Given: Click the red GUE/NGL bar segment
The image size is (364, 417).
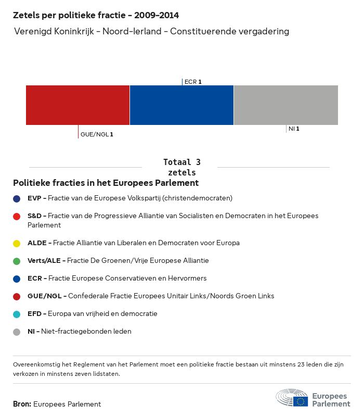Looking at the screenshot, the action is pos(77,105).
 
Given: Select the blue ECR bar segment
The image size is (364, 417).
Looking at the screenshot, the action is pos(181,105).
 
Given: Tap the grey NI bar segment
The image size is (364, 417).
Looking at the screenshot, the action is pos(286,105).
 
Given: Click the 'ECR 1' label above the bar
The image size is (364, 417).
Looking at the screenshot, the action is pos(193,82).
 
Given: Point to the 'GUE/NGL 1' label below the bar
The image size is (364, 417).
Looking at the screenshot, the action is pos(97,134).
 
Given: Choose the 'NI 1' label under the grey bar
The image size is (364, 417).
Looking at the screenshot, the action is pos(294,129).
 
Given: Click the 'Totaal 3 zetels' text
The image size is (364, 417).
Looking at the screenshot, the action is pos(182,167).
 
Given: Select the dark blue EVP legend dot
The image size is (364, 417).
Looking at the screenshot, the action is pos(17,199).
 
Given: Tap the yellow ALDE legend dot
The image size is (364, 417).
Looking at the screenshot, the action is pos(17,243).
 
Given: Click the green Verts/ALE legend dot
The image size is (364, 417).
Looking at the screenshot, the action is pos(17,261).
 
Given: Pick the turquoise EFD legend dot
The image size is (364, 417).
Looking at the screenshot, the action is pos(17,314).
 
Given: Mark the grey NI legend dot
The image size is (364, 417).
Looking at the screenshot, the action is pos(17,332).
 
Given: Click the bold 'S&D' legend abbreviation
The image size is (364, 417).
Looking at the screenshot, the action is pos(34,216).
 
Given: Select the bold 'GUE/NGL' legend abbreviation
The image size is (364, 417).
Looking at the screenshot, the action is pos(45,296).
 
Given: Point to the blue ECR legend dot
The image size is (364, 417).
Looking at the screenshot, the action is pos(17,279).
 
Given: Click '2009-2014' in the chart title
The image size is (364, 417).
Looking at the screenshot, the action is pos(157,15).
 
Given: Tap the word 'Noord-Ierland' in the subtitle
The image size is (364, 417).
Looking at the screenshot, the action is pos(132,31).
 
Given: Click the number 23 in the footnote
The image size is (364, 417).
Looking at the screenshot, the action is pos(301,364).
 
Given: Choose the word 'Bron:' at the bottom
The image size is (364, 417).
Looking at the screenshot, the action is pos(22,404).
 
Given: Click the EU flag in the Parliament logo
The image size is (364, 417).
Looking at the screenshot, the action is pos(301,401).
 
